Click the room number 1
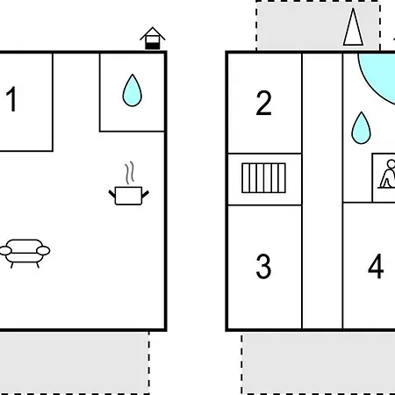coord(11,99)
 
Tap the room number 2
coord(263,103)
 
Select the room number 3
coord(263,266)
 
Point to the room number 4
coord(376,266)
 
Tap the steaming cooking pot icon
coord(129,183)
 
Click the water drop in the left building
coord(133,90)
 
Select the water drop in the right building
coord(361,128)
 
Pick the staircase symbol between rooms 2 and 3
coord(263,178)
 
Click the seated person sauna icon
coord(387,174)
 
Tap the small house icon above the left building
coord(153,38)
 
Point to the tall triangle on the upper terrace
coord(353,27)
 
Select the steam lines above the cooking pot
coord(130,173)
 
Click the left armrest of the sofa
coord(5,251)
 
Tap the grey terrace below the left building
coord(74,363)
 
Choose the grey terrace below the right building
coord(319,363)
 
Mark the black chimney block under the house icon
coord(153,46)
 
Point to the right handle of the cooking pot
coord(146,194)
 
